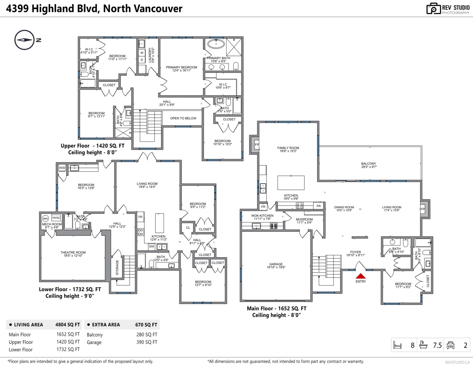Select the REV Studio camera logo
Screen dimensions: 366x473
pos(434,9)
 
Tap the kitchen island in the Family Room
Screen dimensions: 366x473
pos(291,183)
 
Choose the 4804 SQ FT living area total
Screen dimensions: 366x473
pos(67,325)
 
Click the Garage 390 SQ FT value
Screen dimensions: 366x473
pos(146,342)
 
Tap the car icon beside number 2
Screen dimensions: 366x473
pos(450,346)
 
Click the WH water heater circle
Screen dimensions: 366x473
pos(45,218)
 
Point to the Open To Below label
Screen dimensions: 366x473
pos(183,118)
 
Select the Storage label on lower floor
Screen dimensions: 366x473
pos(117,267)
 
